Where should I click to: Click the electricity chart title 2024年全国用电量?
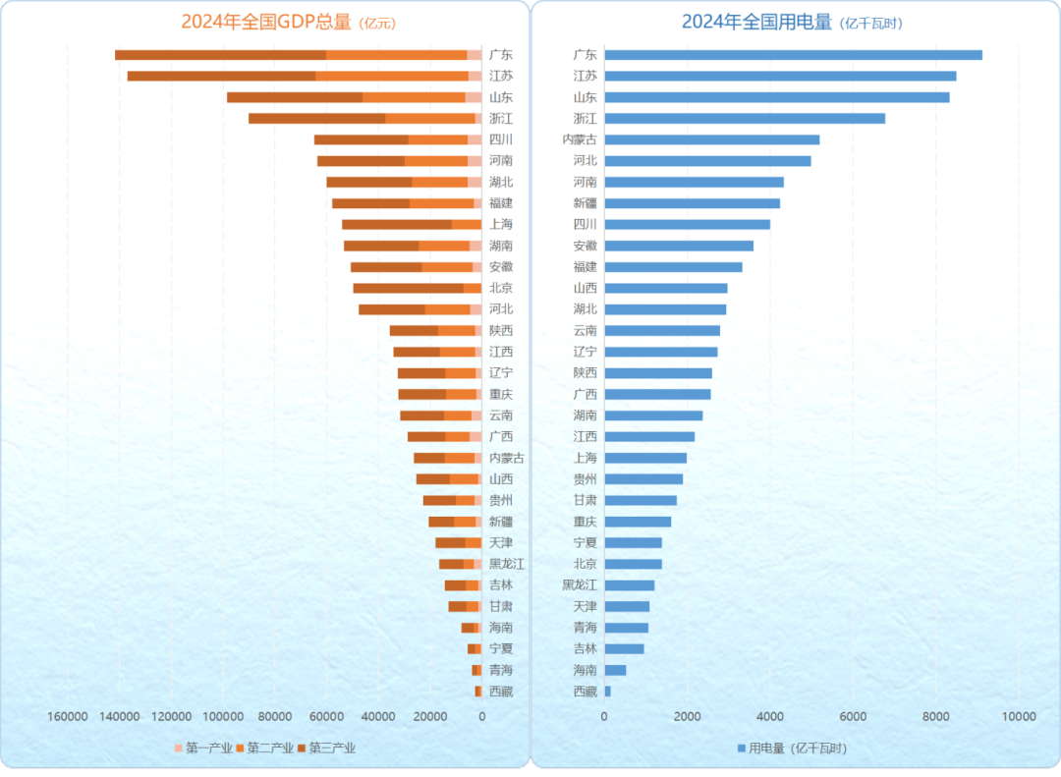(756, 22)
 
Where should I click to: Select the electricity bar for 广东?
(793, 55)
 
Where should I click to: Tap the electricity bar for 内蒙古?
(711, 139)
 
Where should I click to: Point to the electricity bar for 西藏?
(607, 692)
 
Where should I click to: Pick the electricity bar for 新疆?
(692, 203)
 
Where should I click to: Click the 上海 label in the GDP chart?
(501, 224)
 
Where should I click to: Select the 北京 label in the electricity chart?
(585, 564)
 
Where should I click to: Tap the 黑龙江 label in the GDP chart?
(507, 564)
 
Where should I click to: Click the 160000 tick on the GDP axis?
(67, 717)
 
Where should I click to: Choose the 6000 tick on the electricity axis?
(852, 717)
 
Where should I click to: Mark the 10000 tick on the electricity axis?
(1017, 717)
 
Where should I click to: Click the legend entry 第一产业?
(203, 749)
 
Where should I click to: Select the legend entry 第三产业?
(326, 749)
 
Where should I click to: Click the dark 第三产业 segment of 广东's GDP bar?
(220, 55)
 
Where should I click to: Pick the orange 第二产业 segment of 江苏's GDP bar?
(392, 76)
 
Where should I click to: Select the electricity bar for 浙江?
(745, 118)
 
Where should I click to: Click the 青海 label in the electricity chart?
(585, 628)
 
